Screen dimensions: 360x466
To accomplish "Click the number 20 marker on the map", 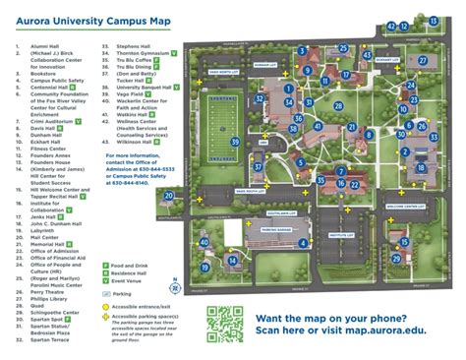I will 169,197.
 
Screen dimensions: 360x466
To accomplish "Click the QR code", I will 224,324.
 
